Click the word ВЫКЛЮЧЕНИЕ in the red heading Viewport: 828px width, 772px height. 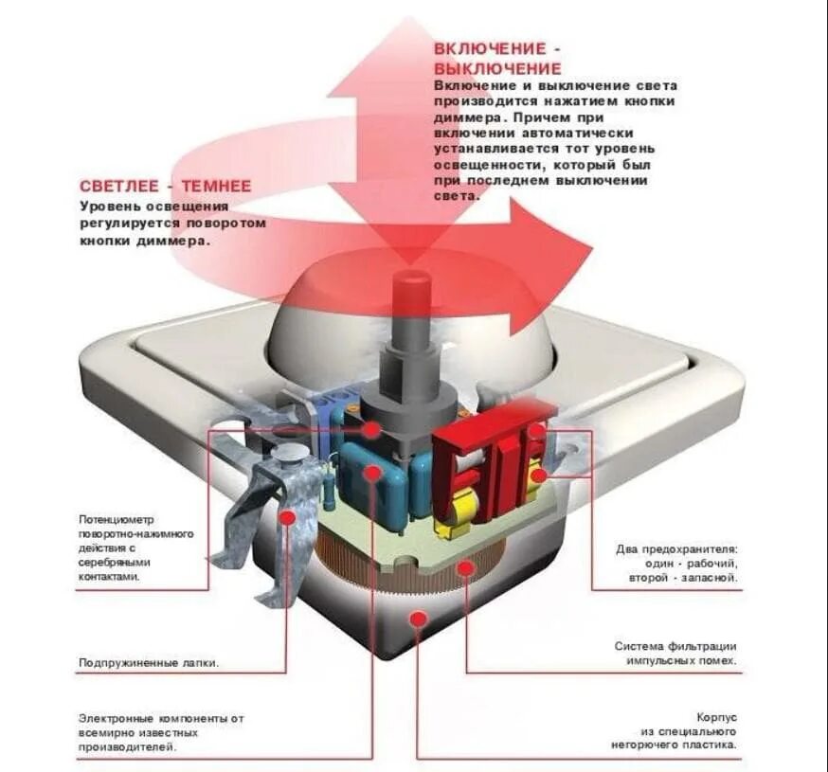tap(497, 68)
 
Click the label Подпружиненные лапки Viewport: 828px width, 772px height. tap(149, 663)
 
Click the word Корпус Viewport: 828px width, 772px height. tap(718, 718)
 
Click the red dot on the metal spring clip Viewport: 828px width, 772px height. tap(288, 517)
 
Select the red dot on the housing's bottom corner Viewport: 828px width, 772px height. tap(416, 619)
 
